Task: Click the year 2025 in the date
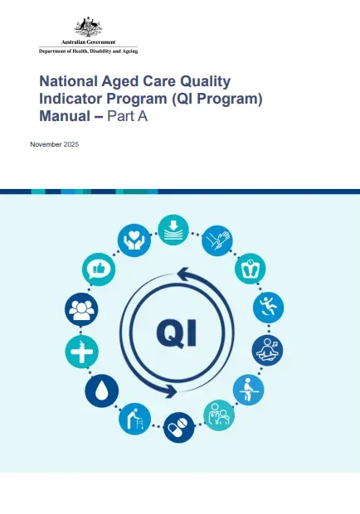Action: click(71, 145)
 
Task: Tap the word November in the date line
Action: click(46, 145)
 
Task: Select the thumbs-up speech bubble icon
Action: click(99, 271)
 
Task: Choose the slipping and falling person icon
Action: click(268, 308)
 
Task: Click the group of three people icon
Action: click(81, 309)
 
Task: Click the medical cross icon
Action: click(81, 351)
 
